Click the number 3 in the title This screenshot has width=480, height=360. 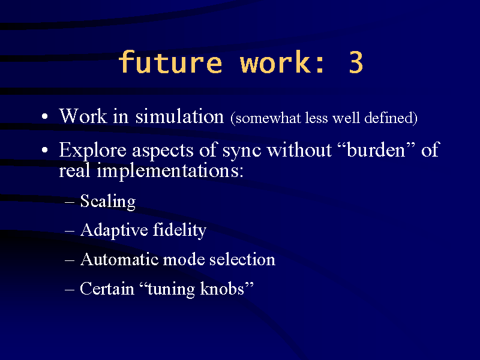click(x=356, y=62)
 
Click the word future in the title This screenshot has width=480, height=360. click(x=170, y=62)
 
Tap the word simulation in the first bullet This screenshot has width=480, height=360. click(x=179, y=116)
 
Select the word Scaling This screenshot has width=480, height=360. click(x=108, y=202)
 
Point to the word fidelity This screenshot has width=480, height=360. click(x=179, y=230)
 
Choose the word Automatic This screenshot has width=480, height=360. click(x=119, y=260)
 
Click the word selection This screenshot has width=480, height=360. click(x=242, y=259)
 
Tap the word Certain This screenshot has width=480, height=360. click(x=107, y=289)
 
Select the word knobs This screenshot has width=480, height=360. click(x=222, y=289)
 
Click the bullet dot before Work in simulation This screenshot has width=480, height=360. click(x=44, y=116)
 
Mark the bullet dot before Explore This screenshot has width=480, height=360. click(x=44, y=150)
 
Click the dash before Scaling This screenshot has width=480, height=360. click(x=70, y=202)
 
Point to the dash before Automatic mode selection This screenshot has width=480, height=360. click(x=70, y=260)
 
